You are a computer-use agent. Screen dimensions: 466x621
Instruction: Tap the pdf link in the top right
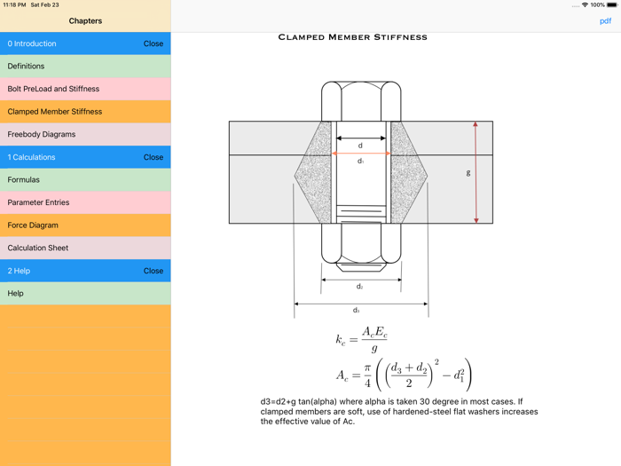[x=605, y=20]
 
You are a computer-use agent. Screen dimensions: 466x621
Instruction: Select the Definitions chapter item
[x=85, y=67]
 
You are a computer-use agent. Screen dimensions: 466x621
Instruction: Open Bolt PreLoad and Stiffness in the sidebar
[x=85, y=89]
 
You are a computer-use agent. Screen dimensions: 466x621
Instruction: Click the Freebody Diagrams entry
[x=85, y=135]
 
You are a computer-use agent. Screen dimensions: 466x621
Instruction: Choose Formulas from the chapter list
[x=85, y=180]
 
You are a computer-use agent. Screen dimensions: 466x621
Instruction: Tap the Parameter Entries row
[x=85, y=202]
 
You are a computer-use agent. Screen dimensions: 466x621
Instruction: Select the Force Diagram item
[x=85, y=225]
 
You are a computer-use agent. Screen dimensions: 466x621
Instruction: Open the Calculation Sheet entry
[x=85, y=249]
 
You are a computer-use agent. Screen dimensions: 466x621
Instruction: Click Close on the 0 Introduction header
[x=153, y=43]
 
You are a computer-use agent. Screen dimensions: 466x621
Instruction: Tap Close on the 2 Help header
[x=153, y=271]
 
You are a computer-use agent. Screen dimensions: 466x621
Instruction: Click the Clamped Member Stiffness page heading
[x=352, y=37]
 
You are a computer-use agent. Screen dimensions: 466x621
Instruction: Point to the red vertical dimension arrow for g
[x=476, y=172]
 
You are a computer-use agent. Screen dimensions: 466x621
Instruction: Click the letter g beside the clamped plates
[x=468, y=172]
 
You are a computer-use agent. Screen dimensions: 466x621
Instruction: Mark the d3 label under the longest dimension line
[x=357, y=311]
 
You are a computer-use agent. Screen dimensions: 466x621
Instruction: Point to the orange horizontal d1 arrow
[x=360, y=154]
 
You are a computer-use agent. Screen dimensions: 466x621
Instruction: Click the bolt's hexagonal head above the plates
[x=361, y=100]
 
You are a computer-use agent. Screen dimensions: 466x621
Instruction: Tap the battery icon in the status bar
[x=611, y=5]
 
